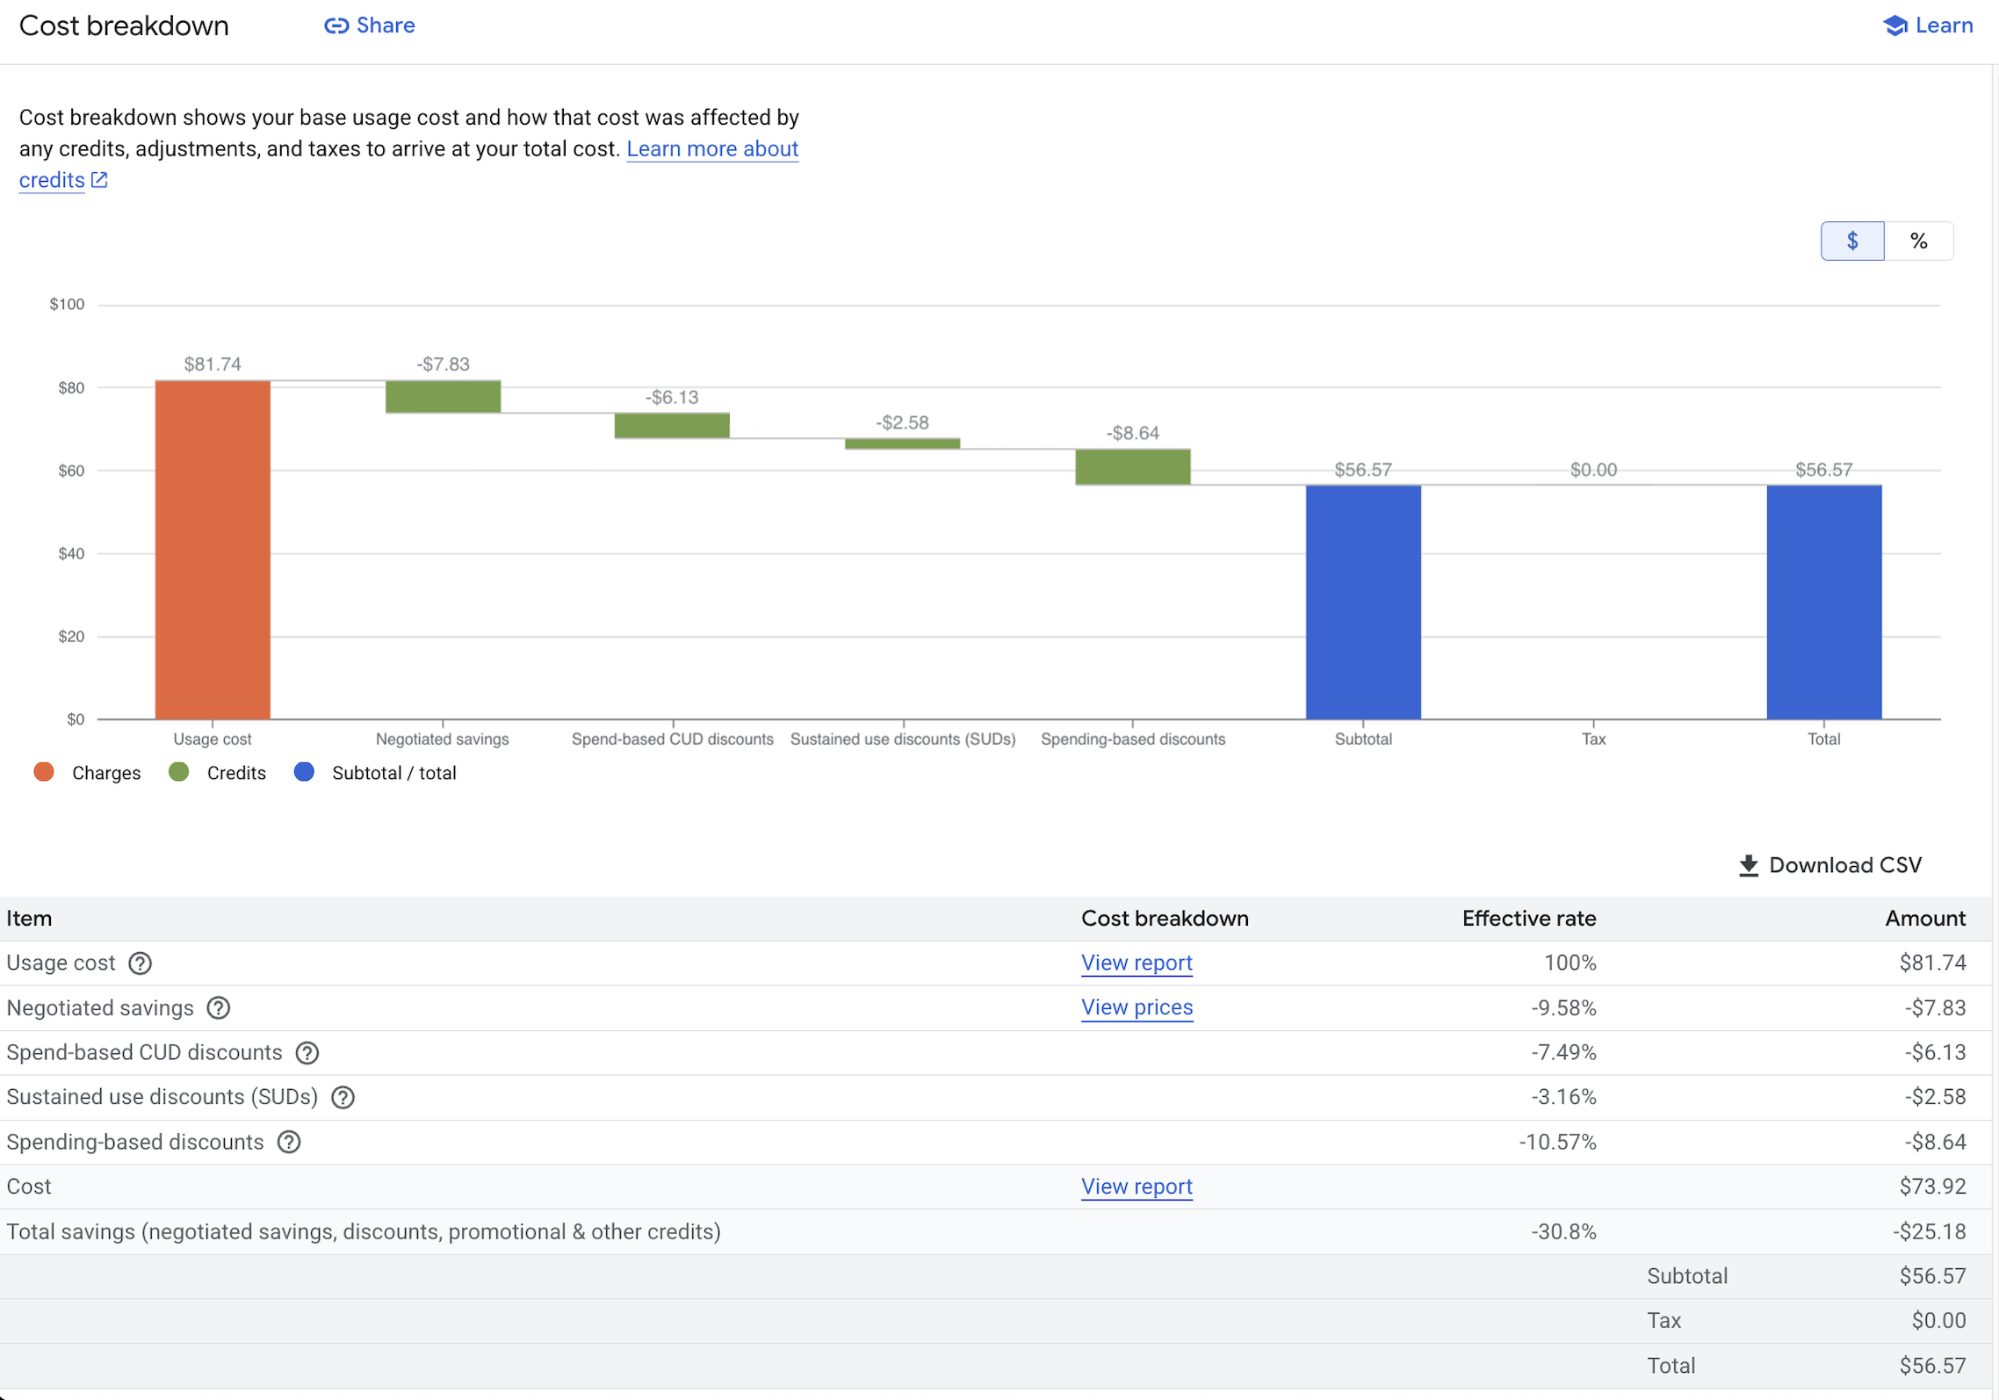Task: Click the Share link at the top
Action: [370, 25]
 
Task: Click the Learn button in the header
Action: [1929, 25]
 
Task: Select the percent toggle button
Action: [1918, 241]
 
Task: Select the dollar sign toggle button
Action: [1851, 241]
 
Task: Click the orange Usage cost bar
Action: [213, 549]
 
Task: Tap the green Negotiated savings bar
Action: [443, 396]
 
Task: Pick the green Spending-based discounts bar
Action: [1132, 466]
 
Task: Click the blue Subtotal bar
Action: [1362, 602]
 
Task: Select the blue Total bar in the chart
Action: [1823, 602]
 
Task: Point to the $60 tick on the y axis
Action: [71, 471]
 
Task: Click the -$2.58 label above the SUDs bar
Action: [902, 422]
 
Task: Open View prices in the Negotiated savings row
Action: [1137, 1007]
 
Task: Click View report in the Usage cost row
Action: [1137, 963]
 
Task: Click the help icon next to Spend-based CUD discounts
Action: [307, 1052]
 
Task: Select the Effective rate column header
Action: [1528, 918]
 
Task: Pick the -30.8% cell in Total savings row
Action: [1563, 1231]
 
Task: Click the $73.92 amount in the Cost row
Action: [1931, 1187]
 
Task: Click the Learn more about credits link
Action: [711, 148]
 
